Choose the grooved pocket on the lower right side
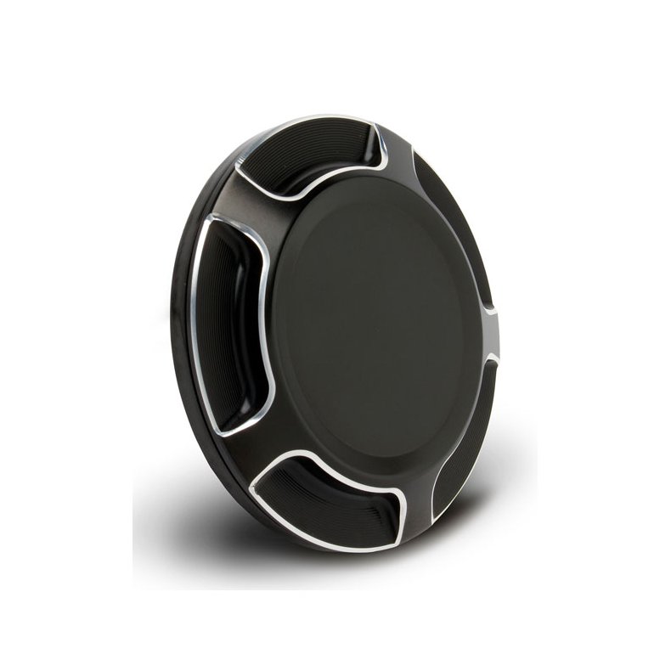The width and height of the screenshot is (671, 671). pos(464,442)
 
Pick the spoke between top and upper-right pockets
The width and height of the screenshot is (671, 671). pos(399,149)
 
